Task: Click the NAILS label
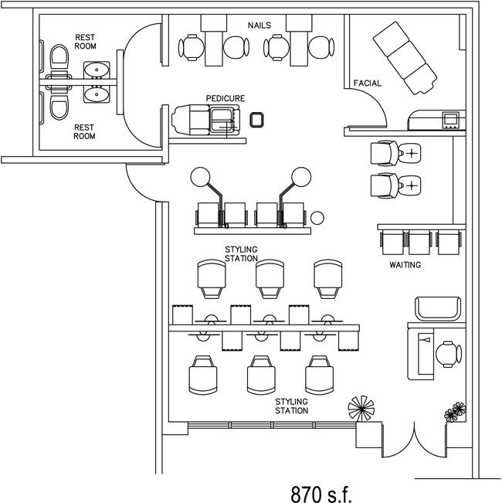[259, 25]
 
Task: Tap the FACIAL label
[365, 82]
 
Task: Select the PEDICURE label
[226, 99]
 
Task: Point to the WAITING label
[405, 265]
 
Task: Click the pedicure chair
[206, 121]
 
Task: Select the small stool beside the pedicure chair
[257, 119]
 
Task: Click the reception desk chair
[446, 353]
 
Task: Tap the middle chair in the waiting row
[419, 242]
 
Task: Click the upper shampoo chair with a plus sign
[385, 153]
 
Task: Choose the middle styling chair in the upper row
[269, 277]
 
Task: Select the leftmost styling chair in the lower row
[202, 375]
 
